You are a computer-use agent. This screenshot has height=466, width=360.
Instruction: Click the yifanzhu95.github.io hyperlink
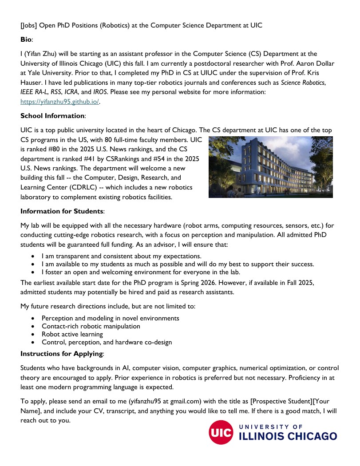[x=60, y=102]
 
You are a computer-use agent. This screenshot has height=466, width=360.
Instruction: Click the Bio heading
[x=26, y=40]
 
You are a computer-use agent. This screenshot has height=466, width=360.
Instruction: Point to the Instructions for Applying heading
[x=62, y=354]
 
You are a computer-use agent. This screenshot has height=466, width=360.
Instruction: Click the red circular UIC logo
[x=221, y=432]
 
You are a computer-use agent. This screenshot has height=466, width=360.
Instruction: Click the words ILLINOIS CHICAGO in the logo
[x=288, y=436]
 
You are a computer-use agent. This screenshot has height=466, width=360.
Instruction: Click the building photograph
[x=270, y=167]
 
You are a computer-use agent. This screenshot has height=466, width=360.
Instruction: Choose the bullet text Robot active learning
[x=72, y=334]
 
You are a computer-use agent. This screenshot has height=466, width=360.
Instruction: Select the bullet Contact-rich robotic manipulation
[x=91, y=326]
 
